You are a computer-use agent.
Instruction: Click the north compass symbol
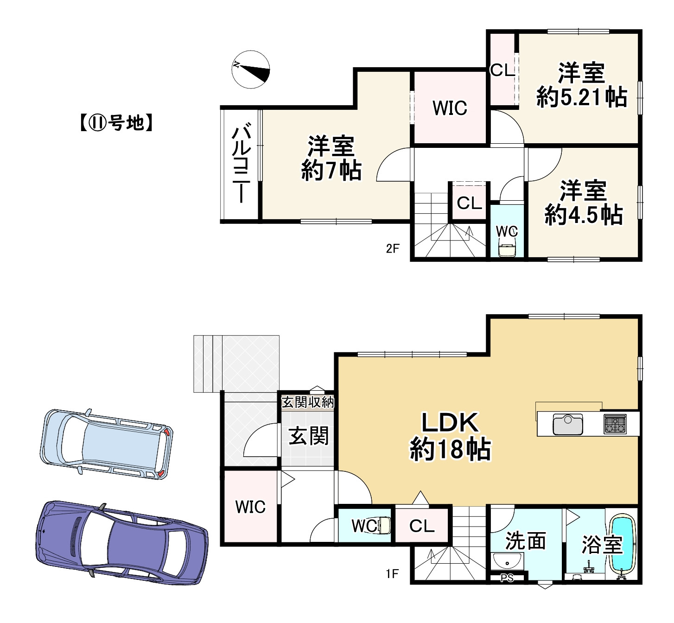tap(251, 70)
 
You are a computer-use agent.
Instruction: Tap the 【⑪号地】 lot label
tap(116, 123)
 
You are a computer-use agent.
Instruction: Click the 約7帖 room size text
tap(331, 171)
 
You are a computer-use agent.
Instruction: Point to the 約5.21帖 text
tap(582, 97)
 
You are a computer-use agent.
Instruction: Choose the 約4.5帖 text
tap(584, 215)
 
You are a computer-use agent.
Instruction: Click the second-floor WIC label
tap(450, 108)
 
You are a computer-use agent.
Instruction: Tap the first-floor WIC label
tap(250, 507)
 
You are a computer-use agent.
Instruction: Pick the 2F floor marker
tap(393, 249)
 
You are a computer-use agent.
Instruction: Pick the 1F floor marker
tap(392, 574)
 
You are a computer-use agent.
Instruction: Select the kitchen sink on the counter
tap(567, 425)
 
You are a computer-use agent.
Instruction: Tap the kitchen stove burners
tap(615, 424)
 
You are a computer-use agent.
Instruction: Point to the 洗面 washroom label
tap(526, 541)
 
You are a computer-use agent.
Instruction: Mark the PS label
tap(507, 578)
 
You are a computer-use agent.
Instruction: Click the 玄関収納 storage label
tap(308, 402)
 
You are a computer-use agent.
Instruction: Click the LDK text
tap(450, 423)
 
